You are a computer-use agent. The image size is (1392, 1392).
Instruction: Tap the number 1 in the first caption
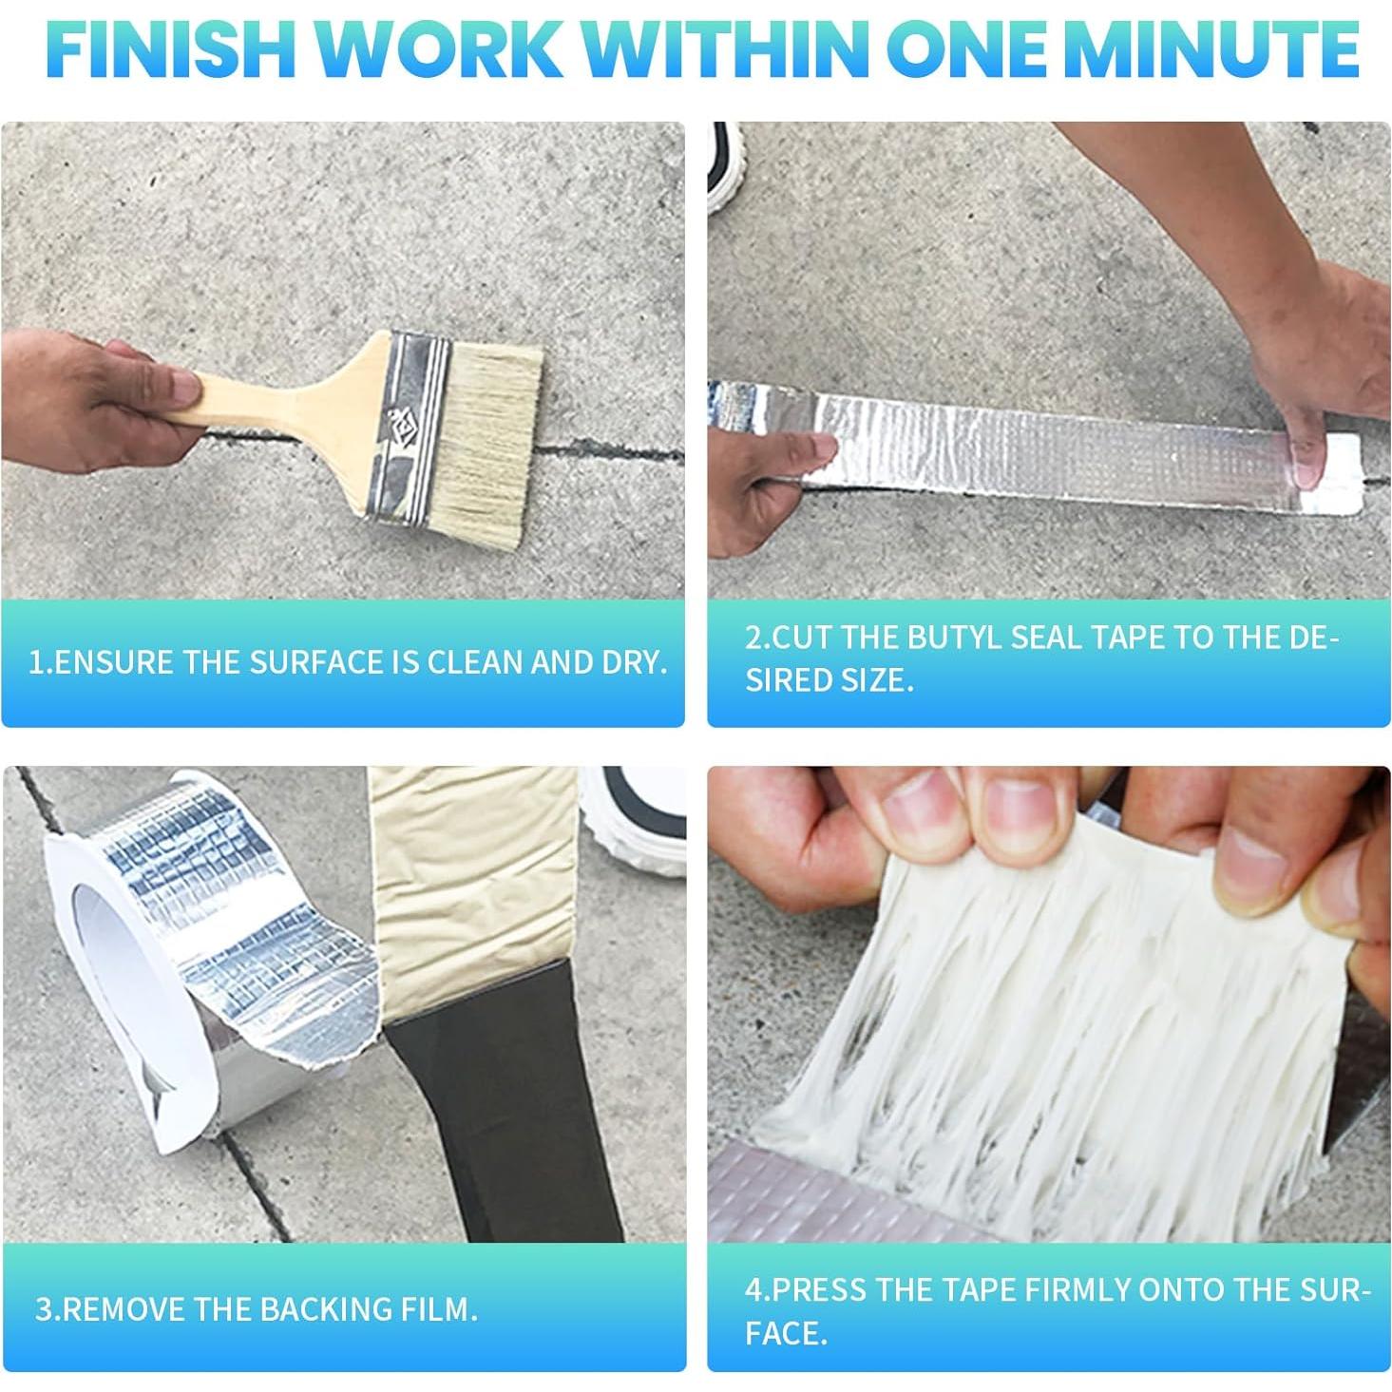click(36, 662)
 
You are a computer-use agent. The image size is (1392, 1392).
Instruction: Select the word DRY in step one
click(633, 662)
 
